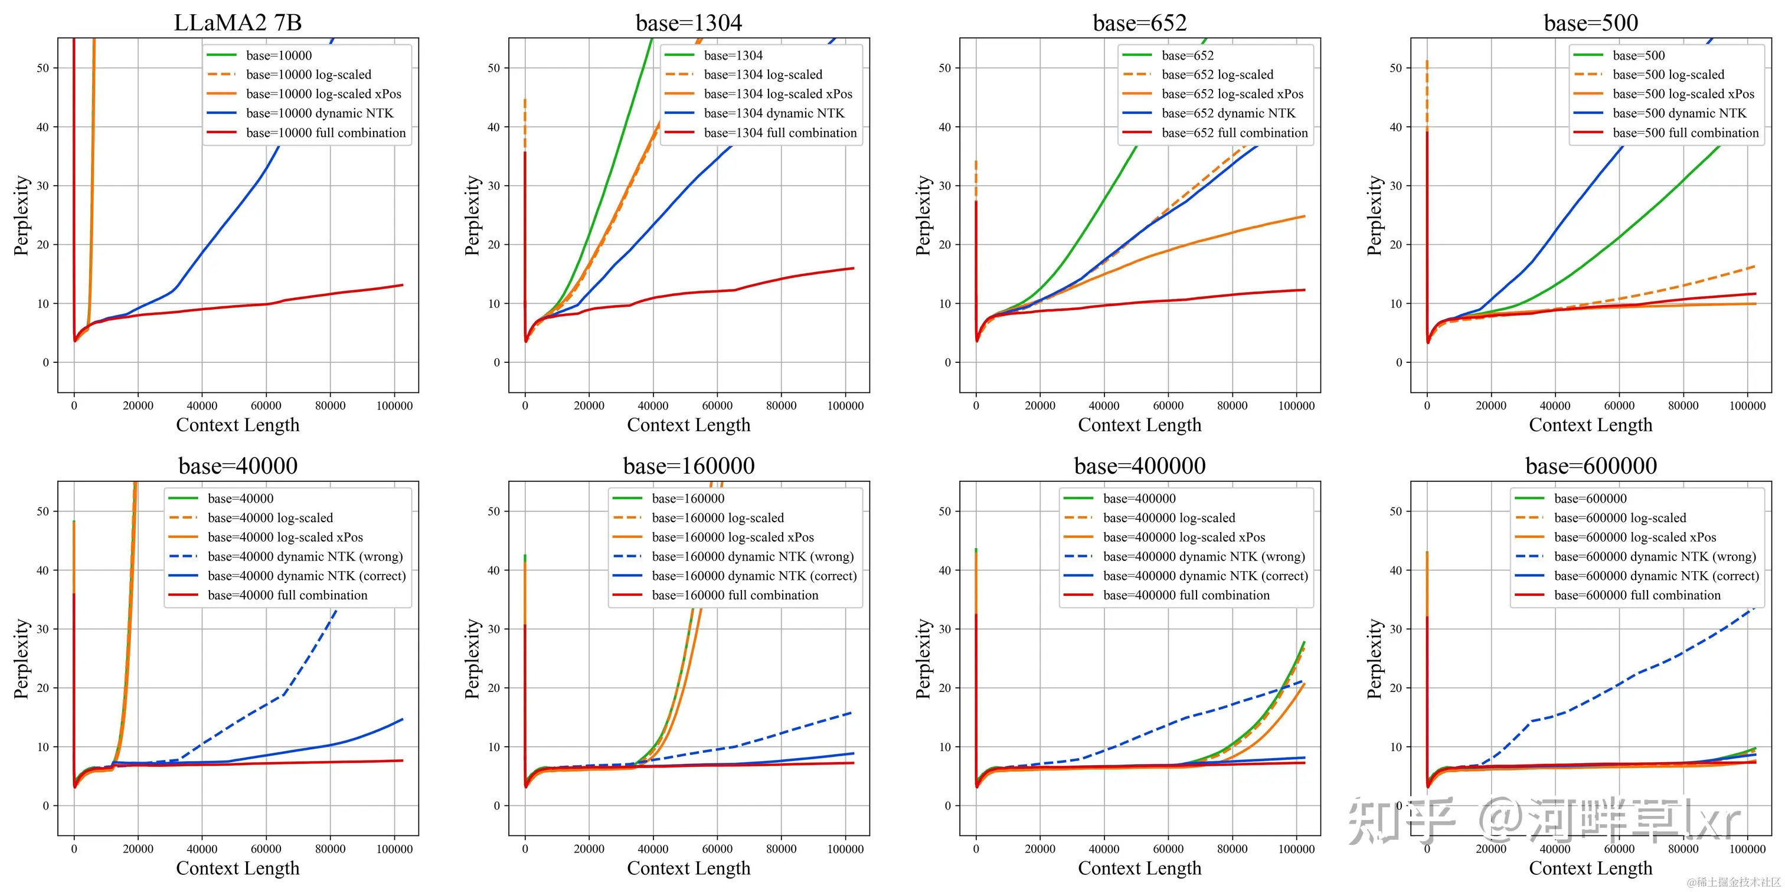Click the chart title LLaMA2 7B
pyautogui.click(x=238, y=23)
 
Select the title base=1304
pyautogui.click(x=689, y=23)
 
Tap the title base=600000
pyautogui.click(x=1591, y=466)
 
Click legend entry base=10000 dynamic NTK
pyautogui.click(x=319, y=113)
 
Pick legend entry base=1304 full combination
pyautogui.click(x=780, y=132)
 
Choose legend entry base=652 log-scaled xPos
pyautogui.click(x=1232, y=93)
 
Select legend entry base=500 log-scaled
pyautogui.click(x=1668, y=74)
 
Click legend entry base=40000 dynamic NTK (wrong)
pyautogui.click(x=305, y=556)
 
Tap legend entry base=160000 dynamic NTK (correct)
pyautogui.click(x=754, y=576)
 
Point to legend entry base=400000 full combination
pyautogui.click(x=1186, y=595)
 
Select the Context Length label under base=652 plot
pyautogui.click(x=1139, y=425)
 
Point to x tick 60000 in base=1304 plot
pyautogui.click(x=717, y=406)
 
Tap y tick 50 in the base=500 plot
pyautogui.click(x=1395, y=68)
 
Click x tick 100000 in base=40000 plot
pyautogui.click(x=394, y=849)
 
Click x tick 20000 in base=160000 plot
pyautogui.click(x=589, y=849)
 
